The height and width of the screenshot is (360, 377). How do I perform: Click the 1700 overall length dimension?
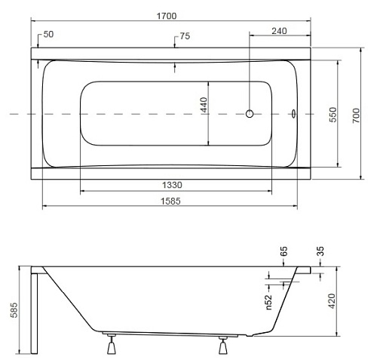coord(167,16)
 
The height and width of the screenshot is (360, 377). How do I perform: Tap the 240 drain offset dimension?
coord(279,31)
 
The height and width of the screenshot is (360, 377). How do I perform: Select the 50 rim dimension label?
coord(48,34)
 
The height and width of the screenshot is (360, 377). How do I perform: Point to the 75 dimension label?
coord(185,36)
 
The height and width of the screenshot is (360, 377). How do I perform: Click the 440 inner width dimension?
coord(204,105)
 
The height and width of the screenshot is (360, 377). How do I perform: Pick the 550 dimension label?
coord(333,115)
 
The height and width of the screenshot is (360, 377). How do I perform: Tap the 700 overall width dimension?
coord(356,115)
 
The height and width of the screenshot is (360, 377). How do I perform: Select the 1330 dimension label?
coord(172,185)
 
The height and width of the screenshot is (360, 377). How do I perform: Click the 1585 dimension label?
coord(170,202)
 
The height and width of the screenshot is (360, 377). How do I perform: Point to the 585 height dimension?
coord(14,310)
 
